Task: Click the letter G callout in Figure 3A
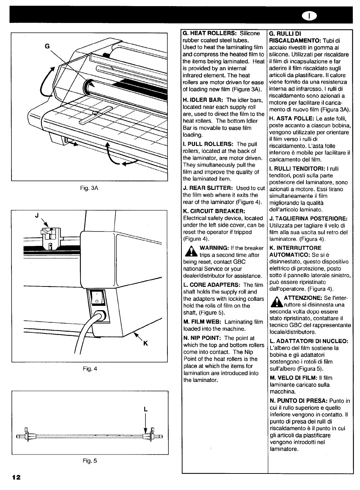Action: (46, 46)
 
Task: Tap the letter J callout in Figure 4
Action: (37, 216)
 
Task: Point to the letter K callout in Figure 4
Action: (146, 344)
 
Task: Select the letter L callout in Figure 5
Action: (146, 409)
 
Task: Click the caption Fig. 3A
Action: (90, 188)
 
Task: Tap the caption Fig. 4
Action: (90, 369)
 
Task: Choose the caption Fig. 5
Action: (90, 461)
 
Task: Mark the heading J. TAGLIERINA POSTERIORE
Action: (308, 218)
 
